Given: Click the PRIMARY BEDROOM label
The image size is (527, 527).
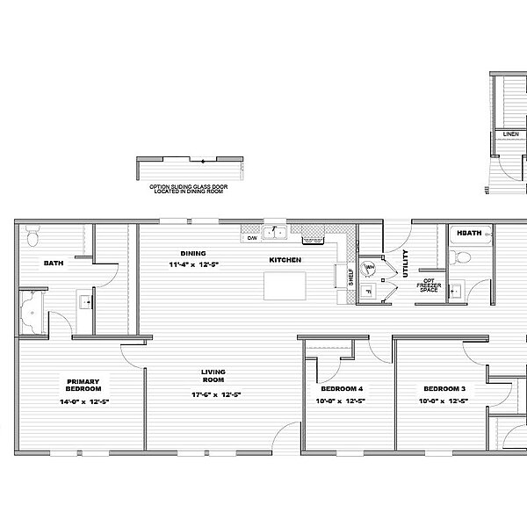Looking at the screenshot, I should coord(84,385).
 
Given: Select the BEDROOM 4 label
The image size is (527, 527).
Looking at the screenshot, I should coord(341,388).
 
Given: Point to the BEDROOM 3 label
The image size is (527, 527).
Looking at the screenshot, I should coord(444,388).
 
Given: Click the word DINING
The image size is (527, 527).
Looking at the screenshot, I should coord(193,253).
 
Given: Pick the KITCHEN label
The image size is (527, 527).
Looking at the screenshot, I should coord(285,260).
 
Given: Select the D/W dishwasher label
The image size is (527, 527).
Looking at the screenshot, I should coord(251,238).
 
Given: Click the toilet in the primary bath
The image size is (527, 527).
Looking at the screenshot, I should coord(32,237).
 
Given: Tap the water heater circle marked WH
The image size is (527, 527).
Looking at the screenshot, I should coord(370,268).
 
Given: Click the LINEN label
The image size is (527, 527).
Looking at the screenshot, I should coord(510,134).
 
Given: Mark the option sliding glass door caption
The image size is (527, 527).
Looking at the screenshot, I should coord(189,190).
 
